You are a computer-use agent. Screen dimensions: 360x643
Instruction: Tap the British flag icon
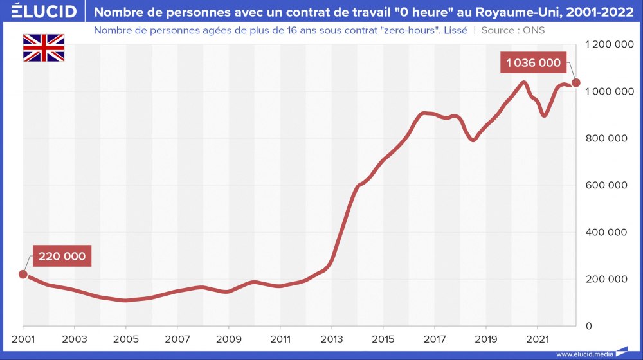[x=44, y=48]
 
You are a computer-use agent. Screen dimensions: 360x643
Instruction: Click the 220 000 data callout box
[x=62, y=256]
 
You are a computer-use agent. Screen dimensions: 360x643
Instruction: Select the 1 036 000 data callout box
[x=533, y=63]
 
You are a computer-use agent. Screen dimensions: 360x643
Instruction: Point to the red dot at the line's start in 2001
[x=23, y=274]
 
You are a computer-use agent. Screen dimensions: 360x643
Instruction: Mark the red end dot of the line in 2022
[x=576, y=83]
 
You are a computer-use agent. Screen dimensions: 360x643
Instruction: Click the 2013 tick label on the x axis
[x=332, y=339]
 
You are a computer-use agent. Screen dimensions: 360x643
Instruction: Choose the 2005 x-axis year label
[x=126, y=339]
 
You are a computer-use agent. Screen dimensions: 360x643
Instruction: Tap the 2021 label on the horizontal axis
[x=538, y=339]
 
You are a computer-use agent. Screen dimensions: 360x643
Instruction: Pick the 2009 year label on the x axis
[x=229, y=339]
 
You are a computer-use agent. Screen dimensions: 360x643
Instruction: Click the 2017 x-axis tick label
[x=435, y=339]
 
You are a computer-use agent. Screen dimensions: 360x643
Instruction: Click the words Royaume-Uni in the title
[x=509, y=12]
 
